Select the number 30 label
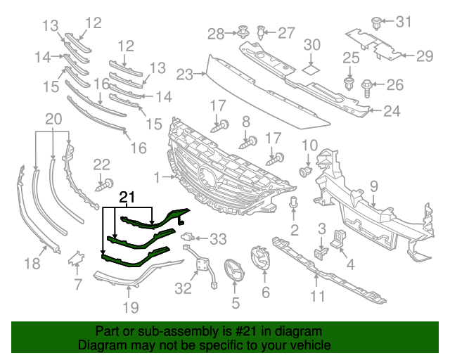(311, 45)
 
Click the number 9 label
(373, 186)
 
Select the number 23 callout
(184, 74)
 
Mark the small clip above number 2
(294, 205)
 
